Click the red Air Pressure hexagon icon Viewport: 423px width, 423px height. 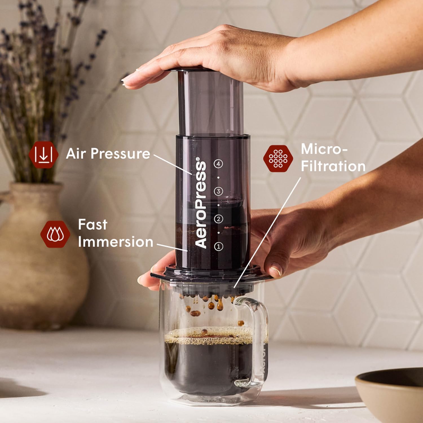43,155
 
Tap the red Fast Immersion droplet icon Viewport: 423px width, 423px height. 55,234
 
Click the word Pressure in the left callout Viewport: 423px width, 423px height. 120,154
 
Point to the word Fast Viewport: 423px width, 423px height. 92,225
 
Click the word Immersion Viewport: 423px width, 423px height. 115,242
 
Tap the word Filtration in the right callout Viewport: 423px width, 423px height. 333,166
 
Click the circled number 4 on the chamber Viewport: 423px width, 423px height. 218,164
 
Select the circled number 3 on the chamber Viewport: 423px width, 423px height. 218,191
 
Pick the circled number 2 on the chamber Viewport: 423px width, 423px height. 218,219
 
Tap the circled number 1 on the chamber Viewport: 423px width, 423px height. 218,246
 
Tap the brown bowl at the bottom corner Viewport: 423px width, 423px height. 392,395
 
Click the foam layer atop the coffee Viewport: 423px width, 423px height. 209,337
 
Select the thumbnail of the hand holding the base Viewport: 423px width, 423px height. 276,269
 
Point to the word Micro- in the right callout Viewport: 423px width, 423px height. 324,149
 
